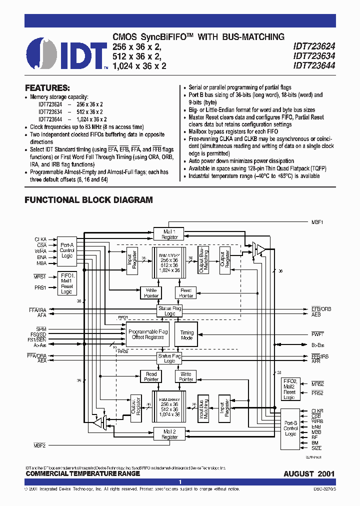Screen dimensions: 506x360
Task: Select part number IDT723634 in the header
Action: [314, 55]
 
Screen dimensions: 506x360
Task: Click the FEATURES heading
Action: [47, 87]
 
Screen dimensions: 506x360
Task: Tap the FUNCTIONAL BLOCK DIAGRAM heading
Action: [88, 200]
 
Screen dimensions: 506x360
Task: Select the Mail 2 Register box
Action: [169, 434]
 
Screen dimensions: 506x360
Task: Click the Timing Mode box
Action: [186, 335]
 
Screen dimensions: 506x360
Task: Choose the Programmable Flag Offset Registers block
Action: [148, 334]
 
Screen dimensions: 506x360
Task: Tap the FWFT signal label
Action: [317, 333]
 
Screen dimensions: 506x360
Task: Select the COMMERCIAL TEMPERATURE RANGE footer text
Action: [82, 473]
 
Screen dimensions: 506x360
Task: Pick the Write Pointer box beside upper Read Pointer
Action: [151, 292]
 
